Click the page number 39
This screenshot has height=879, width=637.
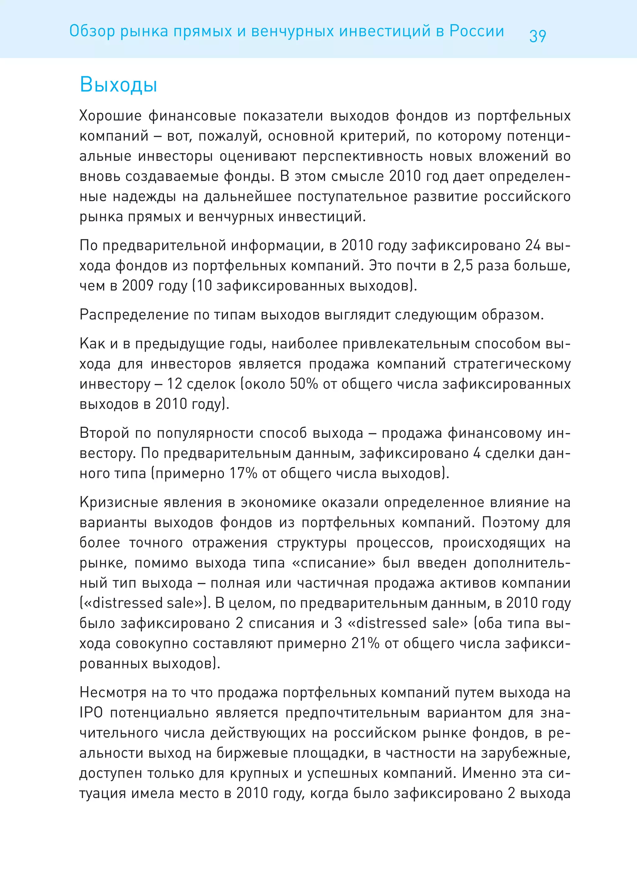537,36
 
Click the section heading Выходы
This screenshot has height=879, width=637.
118,85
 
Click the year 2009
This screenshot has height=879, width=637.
138,286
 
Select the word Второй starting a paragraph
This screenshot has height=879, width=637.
104,433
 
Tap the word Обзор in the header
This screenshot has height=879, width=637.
92,31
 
